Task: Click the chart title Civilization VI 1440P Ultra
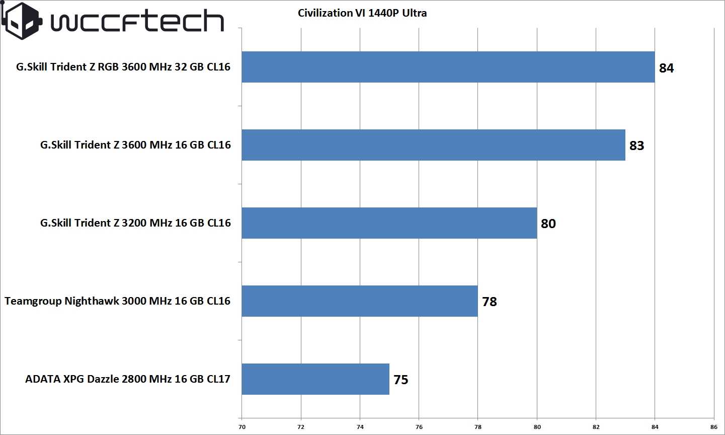(362, 13)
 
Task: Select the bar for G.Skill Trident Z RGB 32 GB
(448, 67)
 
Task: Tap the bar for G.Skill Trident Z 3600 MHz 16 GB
(433, 145)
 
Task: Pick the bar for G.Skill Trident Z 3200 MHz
(389, 223)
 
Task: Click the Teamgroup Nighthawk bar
(359, 301)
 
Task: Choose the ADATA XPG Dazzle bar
(315, 379)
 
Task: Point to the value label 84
(666, 68)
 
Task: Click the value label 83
(636, 146)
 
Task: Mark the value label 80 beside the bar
(548, 224)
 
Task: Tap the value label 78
(489, 302)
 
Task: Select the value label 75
(400, 380)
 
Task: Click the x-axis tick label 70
(242, 427)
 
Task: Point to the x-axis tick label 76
(419, 427)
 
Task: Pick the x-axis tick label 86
(714, 427)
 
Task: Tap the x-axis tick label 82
(596, 427)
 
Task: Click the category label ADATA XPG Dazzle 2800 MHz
(128, 379)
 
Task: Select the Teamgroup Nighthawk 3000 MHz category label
(118, 301)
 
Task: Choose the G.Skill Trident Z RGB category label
(123, 67)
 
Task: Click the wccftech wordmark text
(137, 22)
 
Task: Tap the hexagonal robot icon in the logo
(22, 21)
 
